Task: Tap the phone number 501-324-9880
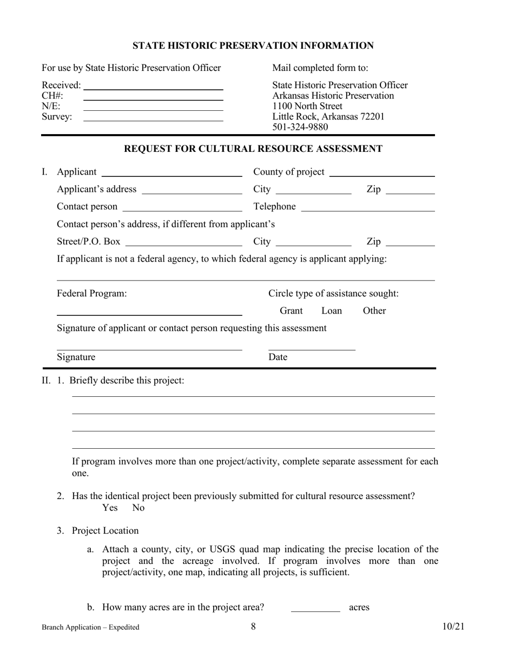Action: (300, 127)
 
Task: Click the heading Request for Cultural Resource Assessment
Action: (253, 149)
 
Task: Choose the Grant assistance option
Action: (291, 311)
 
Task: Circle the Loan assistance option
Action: (332, 311)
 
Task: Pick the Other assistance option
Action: (374, 311)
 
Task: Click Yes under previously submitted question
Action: (110, 508)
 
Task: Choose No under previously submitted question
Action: (139, 508)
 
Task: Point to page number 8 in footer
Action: (253, 627)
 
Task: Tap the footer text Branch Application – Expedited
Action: (90, 627)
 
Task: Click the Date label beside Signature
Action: (278, 357)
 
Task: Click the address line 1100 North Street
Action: (307, 106)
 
